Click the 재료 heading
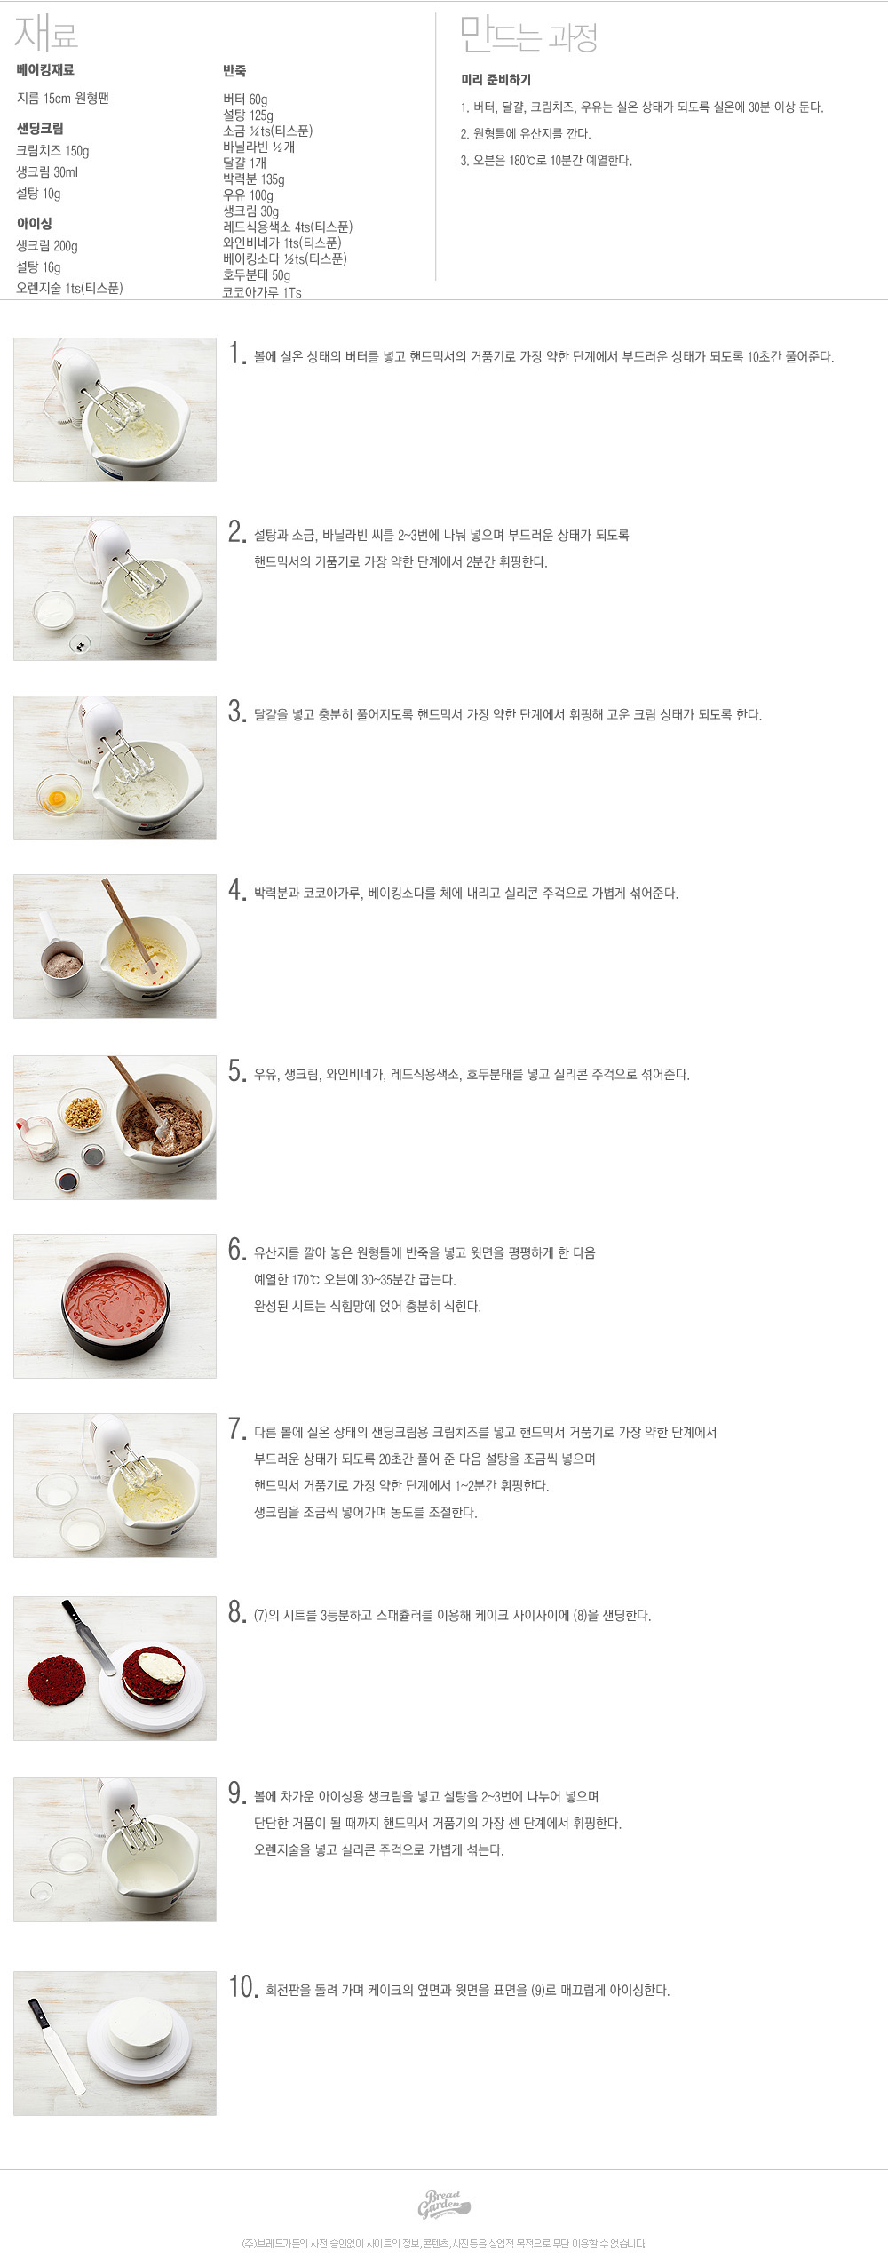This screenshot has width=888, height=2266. coord(46,34)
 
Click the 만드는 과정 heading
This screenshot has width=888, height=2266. coord(528,36)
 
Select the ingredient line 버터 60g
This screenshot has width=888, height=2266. coord(245,99)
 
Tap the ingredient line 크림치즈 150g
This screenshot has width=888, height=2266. coord(52,151)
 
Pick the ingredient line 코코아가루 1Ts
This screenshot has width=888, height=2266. coord(262,292)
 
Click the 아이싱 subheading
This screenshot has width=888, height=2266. coord(34,223)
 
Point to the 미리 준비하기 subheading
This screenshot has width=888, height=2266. coord(496,80)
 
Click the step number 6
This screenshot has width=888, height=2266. coord(236,1250)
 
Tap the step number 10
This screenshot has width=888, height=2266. coord(243,1987)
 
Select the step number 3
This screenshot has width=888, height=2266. coord(236,712)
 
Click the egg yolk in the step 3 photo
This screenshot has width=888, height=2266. coord(56,798)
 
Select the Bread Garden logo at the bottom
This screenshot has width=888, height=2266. coord(442,2205)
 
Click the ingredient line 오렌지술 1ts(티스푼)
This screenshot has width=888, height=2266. coord(69,289)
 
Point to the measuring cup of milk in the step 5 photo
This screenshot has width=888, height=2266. coord(36,1138)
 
